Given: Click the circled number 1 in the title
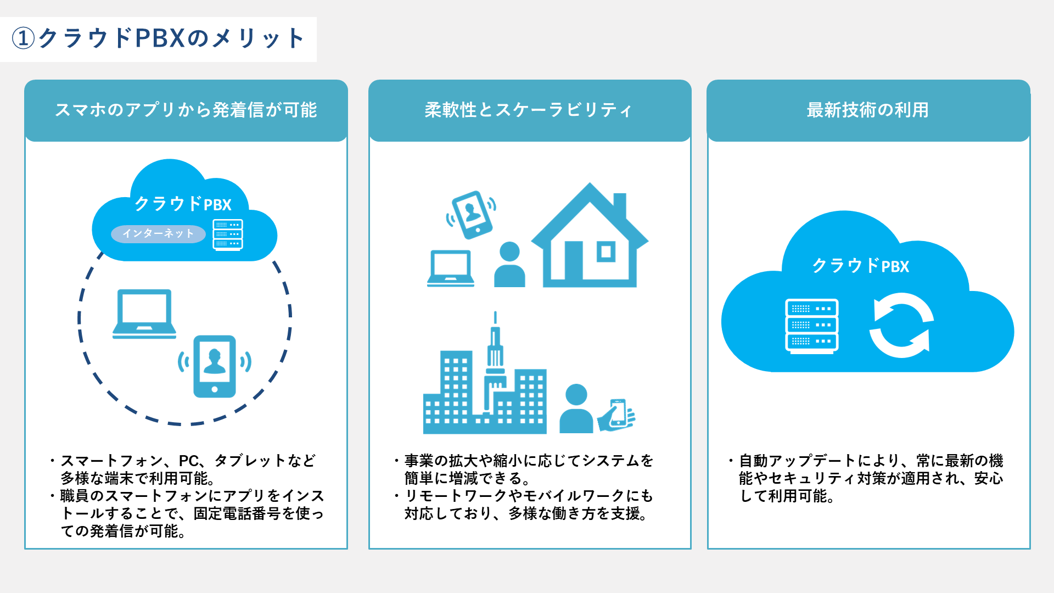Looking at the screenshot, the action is click(x=23, y=38).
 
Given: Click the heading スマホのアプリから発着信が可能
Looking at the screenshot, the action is click(x=186, y=110).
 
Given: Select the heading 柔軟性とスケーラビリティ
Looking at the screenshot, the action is click(x=529, y=110).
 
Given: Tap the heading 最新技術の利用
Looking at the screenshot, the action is click(x=868, y=110).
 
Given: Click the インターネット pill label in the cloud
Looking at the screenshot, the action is click(x=158, y=233).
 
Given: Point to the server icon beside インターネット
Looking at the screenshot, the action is click(x=228, y=235).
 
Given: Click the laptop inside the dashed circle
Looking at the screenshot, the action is click(x=144, y=314).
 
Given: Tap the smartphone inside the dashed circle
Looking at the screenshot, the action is click(x=215, y=366).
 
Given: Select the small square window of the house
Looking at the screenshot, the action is click(x=606, y=252).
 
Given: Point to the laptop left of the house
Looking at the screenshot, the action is click(x=451, y=268).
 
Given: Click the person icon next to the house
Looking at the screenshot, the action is click(x=509, y=264).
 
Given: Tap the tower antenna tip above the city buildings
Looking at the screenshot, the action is click(x=495, y=312).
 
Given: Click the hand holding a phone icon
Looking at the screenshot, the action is click(x=616, y=416).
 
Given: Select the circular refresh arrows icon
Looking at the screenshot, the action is click(x=901, y=326).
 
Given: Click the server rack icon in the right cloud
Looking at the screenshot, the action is click(x=812, y=326).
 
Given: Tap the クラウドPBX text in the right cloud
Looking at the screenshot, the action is click(x=860, y=266).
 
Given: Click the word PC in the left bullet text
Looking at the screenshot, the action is click(x=189, y=461).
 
